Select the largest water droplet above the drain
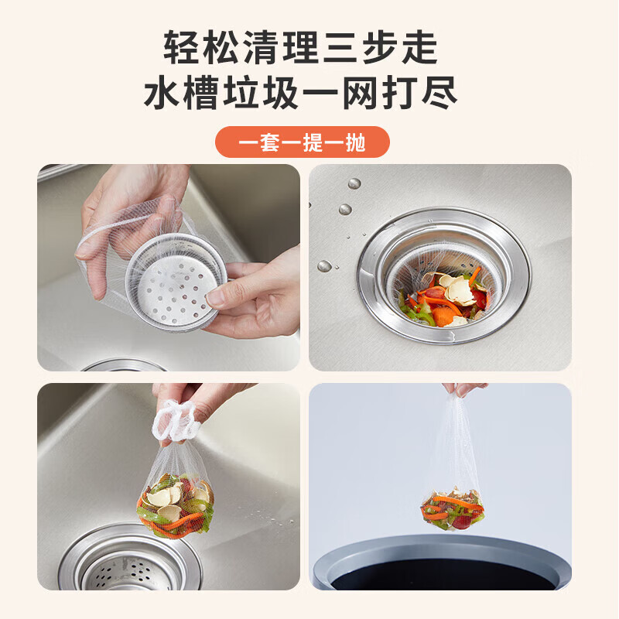pyautogui.click(x=354, y=184)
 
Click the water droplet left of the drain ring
pyautogui.click(x=325, y=265)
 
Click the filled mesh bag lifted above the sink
pyautogui.click(x=175, y=499)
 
